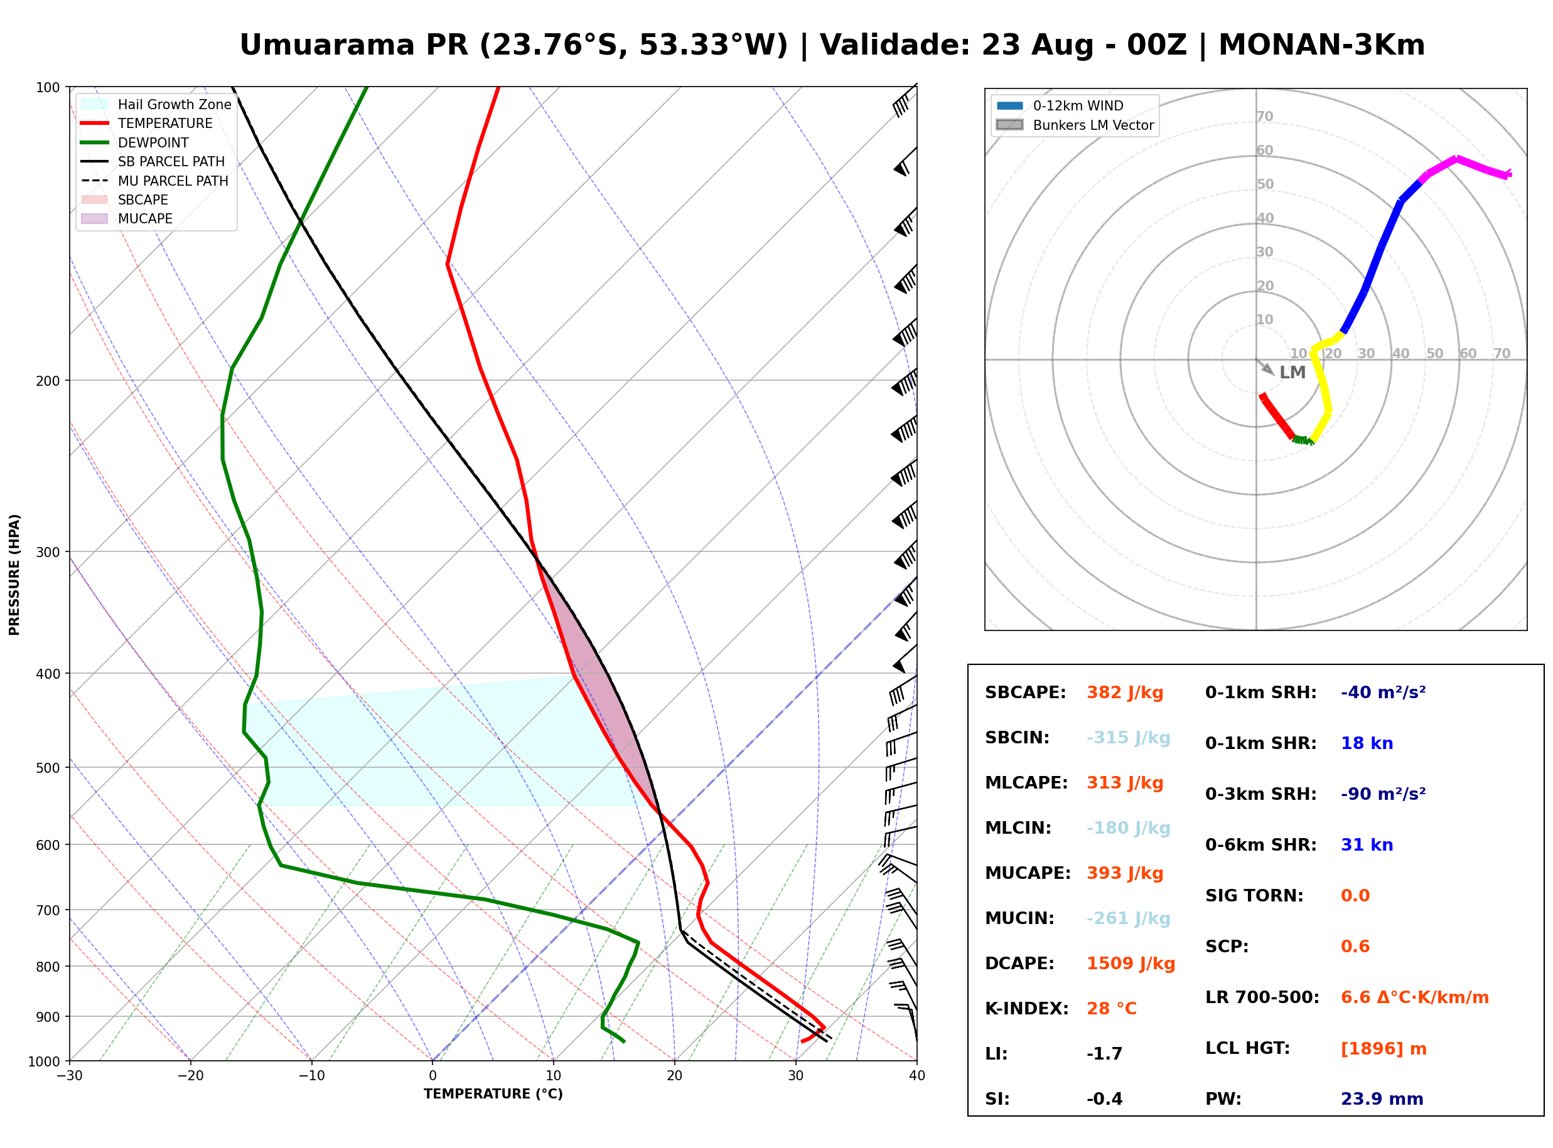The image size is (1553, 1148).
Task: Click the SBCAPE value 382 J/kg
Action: [1125, 693]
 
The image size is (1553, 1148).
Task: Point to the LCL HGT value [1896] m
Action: [1384, 1049]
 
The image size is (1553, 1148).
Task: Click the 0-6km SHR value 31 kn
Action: [1367, 845]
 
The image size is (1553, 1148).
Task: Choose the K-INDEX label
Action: [1027, 1009]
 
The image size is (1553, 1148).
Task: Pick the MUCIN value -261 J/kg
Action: [1128, 918]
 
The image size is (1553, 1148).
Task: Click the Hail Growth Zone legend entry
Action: [156, 104]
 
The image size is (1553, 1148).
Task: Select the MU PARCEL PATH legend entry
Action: [155, 181]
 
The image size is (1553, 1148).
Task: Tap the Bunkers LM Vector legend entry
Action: [1075, 125]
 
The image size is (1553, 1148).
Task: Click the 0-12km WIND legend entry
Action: [1060, 105]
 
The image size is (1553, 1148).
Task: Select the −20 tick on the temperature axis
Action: [190, 1076]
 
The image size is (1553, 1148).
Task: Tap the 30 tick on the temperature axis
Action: [795, 1076]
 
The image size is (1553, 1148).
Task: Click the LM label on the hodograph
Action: [1292, 373]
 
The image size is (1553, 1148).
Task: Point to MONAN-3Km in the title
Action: [1321, 45]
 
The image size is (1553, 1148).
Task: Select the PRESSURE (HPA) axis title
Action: [14, 575]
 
